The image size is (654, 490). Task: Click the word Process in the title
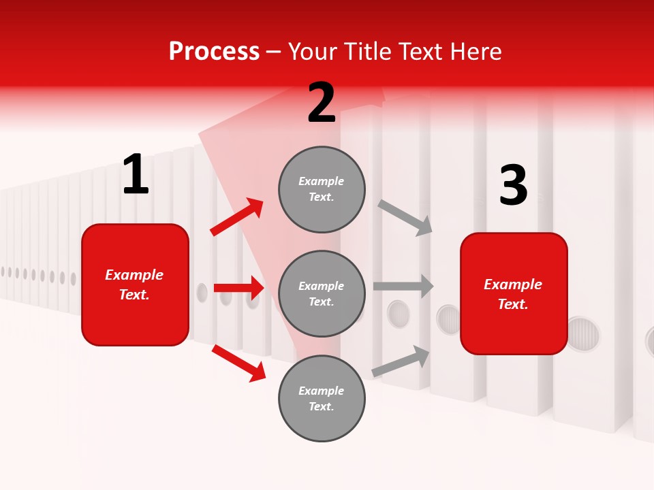point(214,52)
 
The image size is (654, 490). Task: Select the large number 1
point(136,175)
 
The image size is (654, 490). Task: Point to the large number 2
point(322,103)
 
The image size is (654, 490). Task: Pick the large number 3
point(513,185)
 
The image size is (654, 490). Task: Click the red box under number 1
point(135,284)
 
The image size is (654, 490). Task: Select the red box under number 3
point(514,293)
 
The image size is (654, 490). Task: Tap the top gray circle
point(322,189)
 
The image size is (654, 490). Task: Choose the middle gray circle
point(322,293)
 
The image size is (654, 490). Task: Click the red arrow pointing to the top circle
point(237,217)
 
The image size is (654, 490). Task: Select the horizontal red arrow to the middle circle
point(238,288)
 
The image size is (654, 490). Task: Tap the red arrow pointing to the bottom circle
point(238,363)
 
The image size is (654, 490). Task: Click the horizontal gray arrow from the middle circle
point(403,286)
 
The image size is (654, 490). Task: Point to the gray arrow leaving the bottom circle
point(401,361)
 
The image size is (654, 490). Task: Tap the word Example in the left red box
point(134,275)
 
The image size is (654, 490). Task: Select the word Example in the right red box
point(513,284)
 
